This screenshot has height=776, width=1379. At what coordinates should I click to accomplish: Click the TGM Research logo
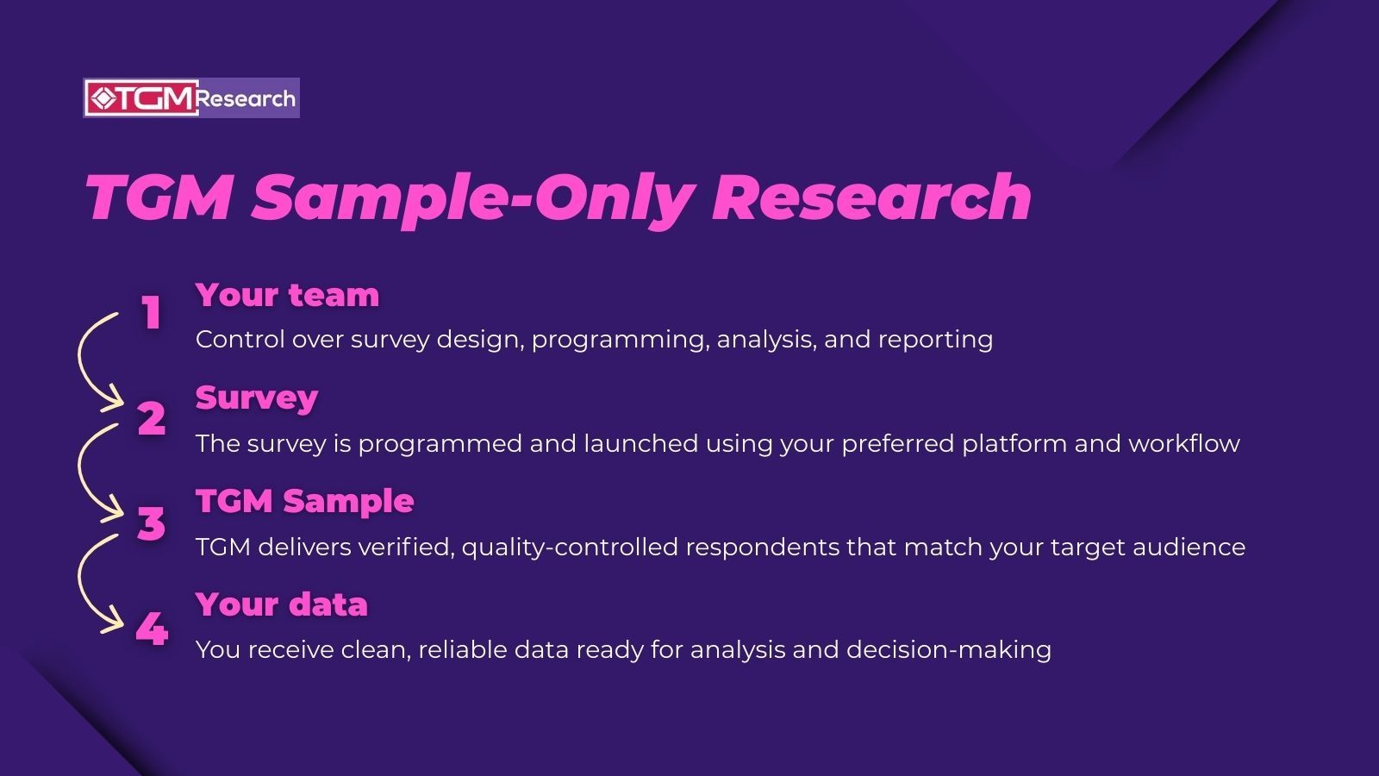pyautogui.click(x=191, y=98)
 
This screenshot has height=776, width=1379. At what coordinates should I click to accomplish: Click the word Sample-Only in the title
pyautogui.click(x=472, y=197)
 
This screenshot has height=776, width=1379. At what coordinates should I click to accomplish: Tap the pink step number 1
pyautogui.click(x=152, y=313)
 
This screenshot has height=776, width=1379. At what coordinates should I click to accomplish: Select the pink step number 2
pyautogui.click(x=152, y=418)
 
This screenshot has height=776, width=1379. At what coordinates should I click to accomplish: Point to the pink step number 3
pyautogui.click(x=152, y=523)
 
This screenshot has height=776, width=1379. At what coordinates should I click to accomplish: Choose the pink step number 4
pyautogui.click(x=152, y=629)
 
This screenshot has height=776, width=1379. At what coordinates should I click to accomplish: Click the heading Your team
pyautogui.click(x=287, y=295)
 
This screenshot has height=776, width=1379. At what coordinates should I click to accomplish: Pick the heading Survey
pyautogui.click(x=257, y=397)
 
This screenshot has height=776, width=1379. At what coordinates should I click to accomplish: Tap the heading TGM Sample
pyautogui.click(x=305, y=501)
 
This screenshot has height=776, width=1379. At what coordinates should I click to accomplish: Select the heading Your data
pyautogui.click(x=282, y=604)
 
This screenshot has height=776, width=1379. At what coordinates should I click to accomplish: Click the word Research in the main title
pyautogui.click(x=871, y=197)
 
